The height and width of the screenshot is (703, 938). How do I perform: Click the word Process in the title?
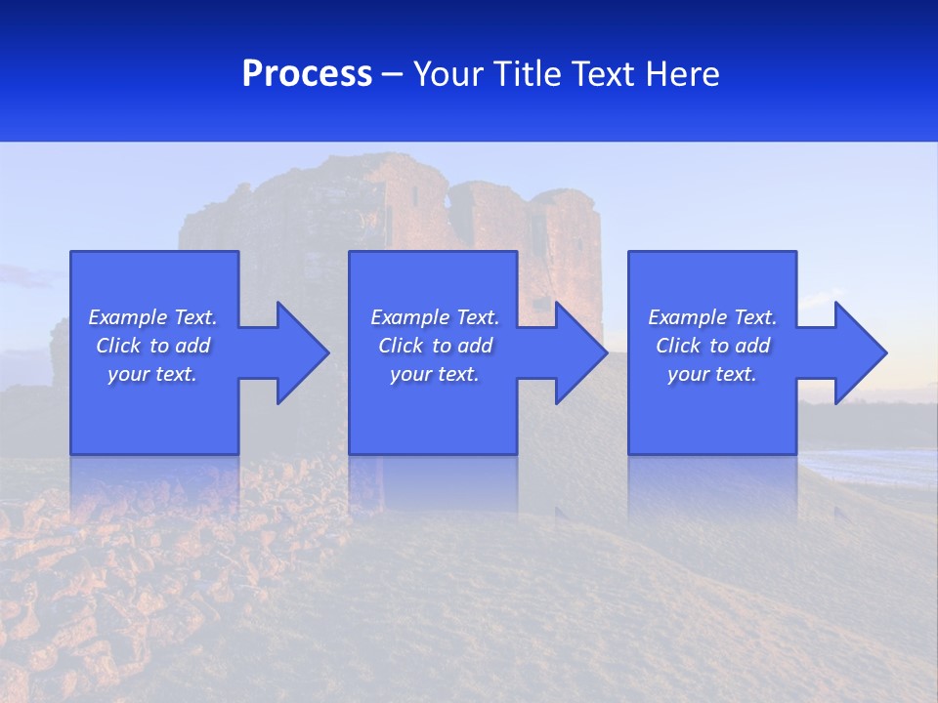[307, 74]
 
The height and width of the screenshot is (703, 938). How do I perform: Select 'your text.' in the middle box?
[434, 374]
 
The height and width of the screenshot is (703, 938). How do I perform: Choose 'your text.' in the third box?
[711, 374]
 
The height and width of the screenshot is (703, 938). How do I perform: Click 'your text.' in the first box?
[151, 374]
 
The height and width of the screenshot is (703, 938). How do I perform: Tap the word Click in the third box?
[679, 346]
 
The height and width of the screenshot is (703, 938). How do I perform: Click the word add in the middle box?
[475, 346]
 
